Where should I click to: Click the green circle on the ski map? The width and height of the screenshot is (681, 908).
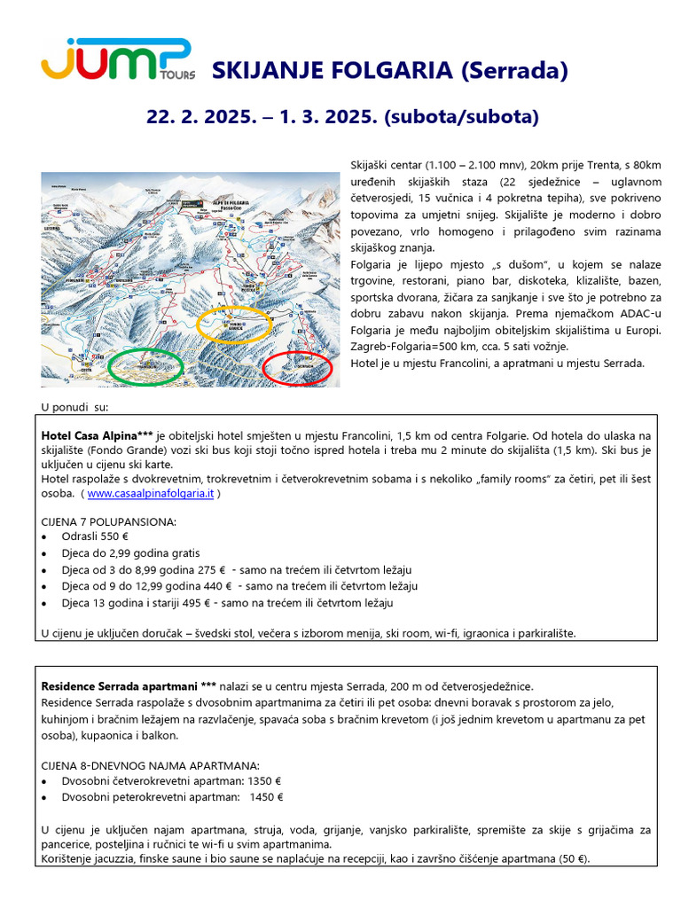(145, 365)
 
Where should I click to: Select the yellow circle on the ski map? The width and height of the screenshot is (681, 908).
(234, 325)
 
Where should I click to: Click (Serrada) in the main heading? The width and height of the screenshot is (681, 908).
(513, 71)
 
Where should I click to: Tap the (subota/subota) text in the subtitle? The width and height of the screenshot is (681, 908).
(461, 116)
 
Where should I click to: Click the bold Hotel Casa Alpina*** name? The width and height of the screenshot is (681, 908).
(98, 436)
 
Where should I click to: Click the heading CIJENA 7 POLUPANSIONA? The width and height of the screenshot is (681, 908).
(108, 521)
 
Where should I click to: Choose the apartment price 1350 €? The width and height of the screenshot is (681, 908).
(264, 781)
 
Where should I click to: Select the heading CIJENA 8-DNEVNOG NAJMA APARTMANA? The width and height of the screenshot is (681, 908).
(151, 764)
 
